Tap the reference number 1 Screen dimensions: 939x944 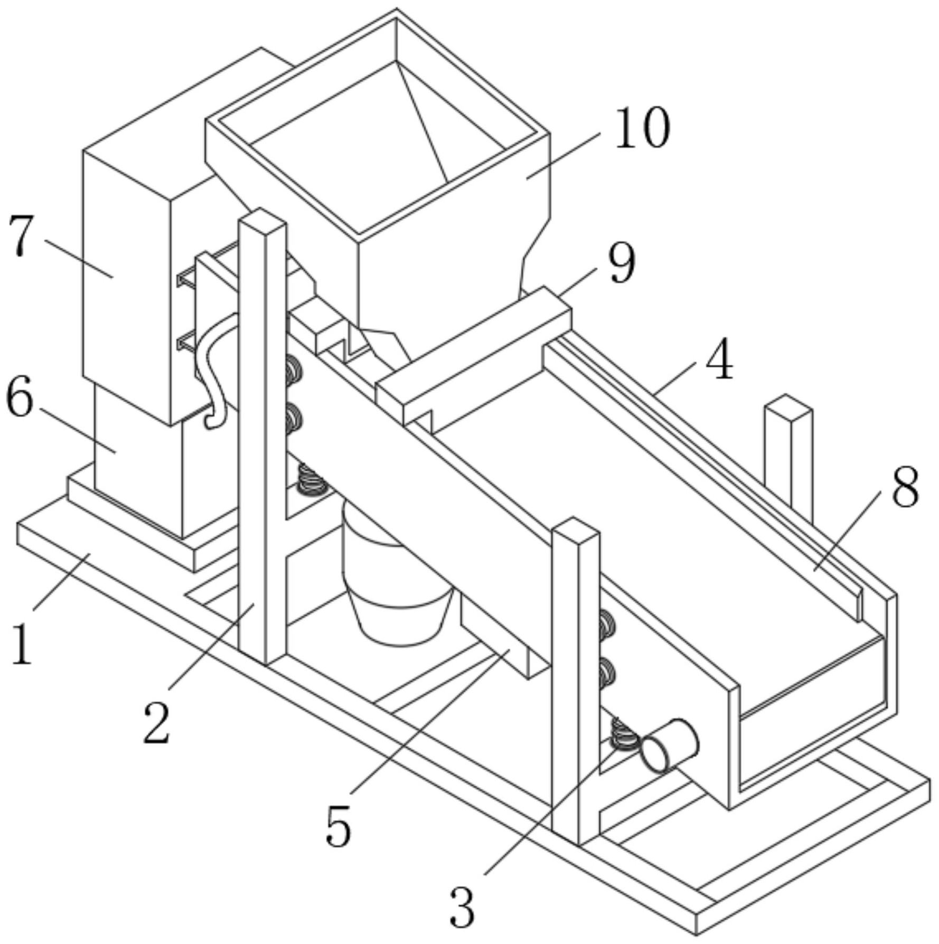[x=21, y=644]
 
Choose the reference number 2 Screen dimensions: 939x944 [x=157, y=724]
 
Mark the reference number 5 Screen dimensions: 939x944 [x=339, y=826]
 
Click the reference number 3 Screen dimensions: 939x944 [x=463, y=907]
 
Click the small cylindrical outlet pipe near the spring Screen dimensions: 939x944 [x=670, y=746]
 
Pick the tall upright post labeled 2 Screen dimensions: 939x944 [x=262, y=436]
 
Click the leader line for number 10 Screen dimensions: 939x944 [x=562, y=156]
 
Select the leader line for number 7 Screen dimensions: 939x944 [x=79, y=259]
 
